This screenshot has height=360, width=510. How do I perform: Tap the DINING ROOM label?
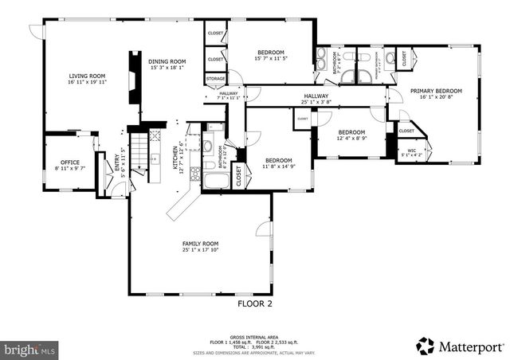tap(168, 61)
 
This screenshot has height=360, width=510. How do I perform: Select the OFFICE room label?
tap(67, 162)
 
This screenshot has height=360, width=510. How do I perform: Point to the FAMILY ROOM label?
tap(200, 244)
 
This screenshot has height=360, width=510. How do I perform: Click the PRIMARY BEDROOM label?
tap(436, 92)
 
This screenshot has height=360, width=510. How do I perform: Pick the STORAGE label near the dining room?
tap(215, 79)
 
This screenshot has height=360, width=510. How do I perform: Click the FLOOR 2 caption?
tap(255, 303)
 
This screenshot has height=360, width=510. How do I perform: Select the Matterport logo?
tap(460, 346)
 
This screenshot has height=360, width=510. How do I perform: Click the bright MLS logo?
tap(30, 349)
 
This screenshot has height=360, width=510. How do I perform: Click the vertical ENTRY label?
tap(116, 166)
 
